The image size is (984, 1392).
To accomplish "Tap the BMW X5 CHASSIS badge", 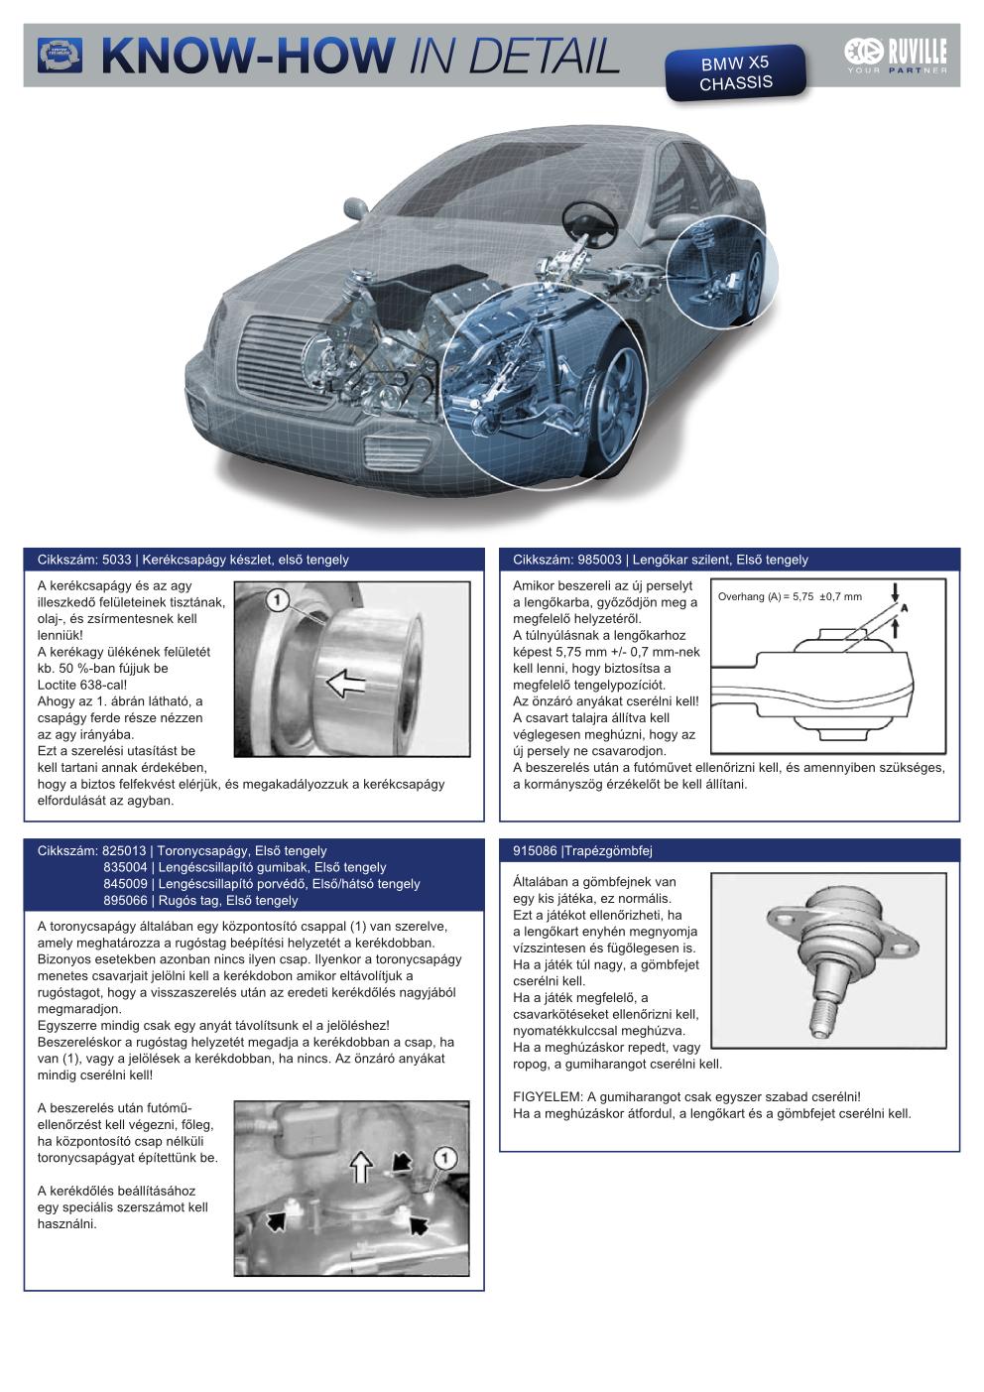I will click(735, 72).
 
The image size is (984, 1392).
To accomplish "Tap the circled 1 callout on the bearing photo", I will click(277, 599).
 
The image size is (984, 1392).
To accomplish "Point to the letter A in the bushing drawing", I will click(905, 607).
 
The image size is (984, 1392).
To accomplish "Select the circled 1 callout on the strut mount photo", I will click(444, 1157).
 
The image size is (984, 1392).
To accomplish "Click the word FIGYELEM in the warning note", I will click(547, 1096).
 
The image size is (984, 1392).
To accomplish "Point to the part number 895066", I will click(125, 900).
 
